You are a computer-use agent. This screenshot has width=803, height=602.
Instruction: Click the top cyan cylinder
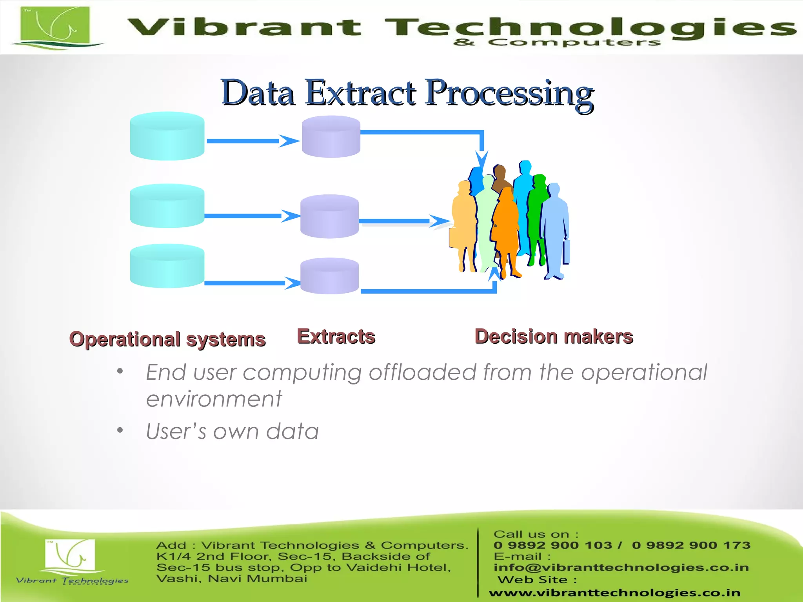(167, 136)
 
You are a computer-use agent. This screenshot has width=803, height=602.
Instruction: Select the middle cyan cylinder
(167, 206)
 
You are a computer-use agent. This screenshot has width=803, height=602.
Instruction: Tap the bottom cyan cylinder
(167, 267)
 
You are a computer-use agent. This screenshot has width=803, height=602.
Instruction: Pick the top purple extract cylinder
(331, 137)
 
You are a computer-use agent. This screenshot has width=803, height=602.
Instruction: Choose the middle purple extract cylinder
(329, 217)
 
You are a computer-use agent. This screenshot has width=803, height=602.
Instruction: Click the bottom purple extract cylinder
(329, 276)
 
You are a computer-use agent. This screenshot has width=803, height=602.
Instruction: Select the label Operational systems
(167, 339)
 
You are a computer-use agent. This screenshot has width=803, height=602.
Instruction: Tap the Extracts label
(336, 336)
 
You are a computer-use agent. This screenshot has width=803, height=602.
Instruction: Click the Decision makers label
(554, 336)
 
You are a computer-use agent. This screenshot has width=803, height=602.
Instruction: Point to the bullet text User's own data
(232, 431)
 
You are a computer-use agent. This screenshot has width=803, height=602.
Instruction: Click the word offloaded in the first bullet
(422, 372)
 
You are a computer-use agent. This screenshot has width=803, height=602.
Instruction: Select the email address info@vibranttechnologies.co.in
(621, 567)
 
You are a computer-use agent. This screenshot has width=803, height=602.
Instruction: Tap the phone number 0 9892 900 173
(691, 545)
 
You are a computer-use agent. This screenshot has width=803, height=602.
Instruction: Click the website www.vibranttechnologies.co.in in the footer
(614, 593)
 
